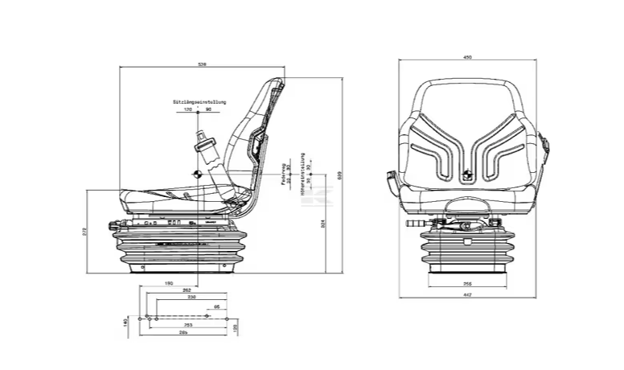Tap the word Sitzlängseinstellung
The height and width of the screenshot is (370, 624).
pyautogui.click(x=199, y=102)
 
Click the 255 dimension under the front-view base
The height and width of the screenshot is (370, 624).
pyautogui.click(x=467, y=283)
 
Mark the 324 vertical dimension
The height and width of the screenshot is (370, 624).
pyautogui.click(x=322, y=224)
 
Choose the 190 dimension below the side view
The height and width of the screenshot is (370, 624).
pyautogui.click(x=169, y=283)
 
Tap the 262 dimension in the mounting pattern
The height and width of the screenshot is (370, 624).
pyautogui.click(x=187, y=290)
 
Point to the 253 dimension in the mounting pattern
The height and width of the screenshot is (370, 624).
pyautogui.click(x=187, y=324)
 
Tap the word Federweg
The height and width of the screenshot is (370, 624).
pyautogui.click(x=284, y=174)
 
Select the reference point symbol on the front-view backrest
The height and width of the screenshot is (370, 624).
pyautogui.click(x=467, y=172)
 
